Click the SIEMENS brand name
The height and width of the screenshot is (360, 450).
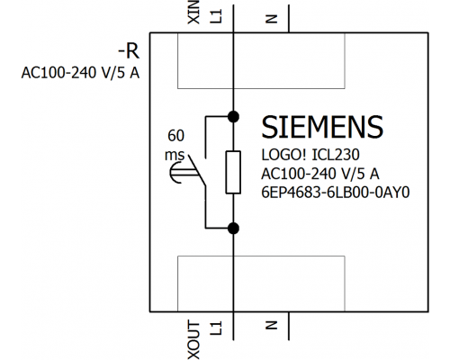click(322, 127)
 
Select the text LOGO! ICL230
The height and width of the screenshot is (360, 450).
click(310, 155)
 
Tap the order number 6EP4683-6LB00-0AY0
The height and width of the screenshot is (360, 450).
click(335, 193)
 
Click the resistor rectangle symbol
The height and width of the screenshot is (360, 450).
click(233, 173)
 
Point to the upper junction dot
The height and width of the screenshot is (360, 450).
click(233, 116)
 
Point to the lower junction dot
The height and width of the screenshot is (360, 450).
click(233, 229)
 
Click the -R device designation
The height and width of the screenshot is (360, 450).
click(129, 51)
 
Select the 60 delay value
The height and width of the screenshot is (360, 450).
click(175, 136)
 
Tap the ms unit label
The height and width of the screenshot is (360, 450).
click(175, 155)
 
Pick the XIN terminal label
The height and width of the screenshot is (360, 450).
click(193, 12)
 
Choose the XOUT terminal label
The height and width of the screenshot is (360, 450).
click(193, 340)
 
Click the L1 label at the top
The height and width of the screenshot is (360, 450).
click(216, 16)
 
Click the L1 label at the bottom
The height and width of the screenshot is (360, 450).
click(216, 328)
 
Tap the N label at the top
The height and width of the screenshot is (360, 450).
click(271, 19)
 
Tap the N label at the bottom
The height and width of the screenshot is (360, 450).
click(271, 325)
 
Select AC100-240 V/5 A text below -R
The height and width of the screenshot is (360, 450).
click(80, 73)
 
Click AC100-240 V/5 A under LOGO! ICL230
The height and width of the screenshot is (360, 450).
click(320, 174)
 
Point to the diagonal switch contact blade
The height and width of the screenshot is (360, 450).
click(197, 170)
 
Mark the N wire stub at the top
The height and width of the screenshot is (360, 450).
click(289, 19)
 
